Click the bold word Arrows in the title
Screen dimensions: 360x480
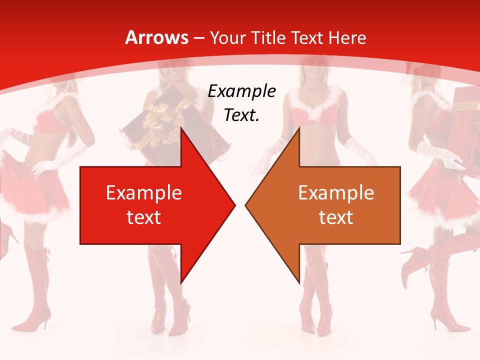click(157, 37)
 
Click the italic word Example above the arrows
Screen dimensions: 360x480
click(241, 91)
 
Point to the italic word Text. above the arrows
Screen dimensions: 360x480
click(241, 115)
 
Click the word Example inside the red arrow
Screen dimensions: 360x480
click(143, 193)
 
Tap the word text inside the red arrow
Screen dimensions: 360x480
click(143, 217)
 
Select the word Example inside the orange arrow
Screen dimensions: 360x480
click(336, 193)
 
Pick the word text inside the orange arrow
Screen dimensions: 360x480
click(336, 217)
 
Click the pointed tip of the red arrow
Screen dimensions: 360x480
click(233, 205)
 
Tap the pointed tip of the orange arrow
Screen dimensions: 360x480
click(247, 205)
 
